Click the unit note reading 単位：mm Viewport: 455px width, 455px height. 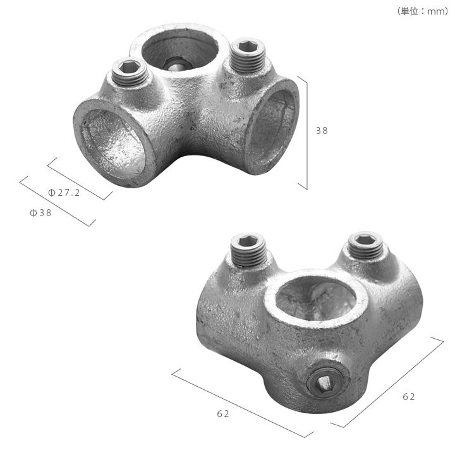(423, 11)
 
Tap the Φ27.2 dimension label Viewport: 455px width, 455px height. (64, 193)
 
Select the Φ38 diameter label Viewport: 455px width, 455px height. (40, 213)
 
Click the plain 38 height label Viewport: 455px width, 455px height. (322, 131)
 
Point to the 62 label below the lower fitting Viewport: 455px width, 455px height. (223, 413)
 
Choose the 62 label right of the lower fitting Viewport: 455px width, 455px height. (409, 397)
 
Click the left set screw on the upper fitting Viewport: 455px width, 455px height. (130, 73)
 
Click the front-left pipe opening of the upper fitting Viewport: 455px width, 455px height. (114, 143)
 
